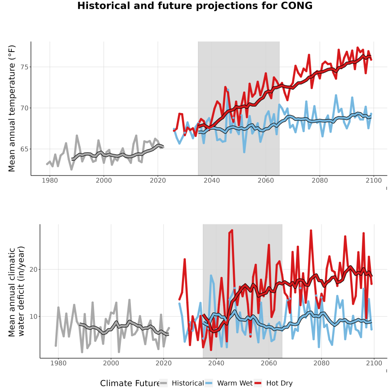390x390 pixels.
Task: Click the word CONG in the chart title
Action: pyautogui.click(x=296, y=6)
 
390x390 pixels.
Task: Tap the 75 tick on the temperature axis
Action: pyautogui.click(x=24, y=67)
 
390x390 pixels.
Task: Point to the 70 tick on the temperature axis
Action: pyautogui.click(x=24, y=108)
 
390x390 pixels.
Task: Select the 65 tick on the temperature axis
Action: pyautogui.click(x=24, y=149)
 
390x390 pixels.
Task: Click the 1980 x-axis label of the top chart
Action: pyautogui.click(x=50, y=180)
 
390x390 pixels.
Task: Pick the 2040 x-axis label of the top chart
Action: pyautogui.click(x=211, y=180)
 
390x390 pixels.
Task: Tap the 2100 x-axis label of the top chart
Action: pyautogui.click(x=374, y=180)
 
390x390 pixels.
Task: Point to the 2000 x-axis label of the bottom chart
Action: pyautogui.click(x=111, y=363)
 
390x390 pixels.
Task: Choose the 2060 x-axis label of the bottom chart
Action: pyautogui.click(x=269, y=363)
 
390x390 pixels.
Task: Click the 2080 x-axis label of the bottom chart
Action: pyautogui.click(x=322, y=363)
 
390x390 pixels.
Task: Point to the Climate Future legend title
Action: pyautogui.click(x=130, y=383)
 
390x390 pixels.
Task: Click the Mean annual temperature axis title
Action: pyautogui.click(x=12, y=108)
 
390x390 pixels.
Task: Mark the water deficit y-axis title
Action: pyautogui.click(x=16, y=291)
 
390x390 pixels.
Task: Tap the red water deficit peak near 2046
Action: pyautogui.click(x=232, y=231)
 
